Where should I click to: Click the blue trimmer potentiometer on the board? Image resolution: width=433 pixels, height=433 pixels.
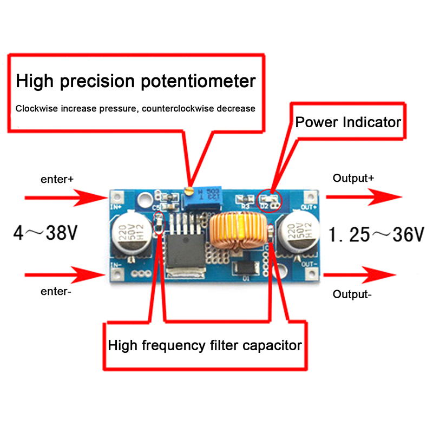coord(205,198)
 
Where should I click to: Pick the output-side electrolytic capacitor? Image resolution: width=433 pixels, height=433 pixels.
coord(298,234)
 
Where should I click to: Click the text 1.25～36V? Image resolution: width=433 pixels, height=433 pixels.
coord(377,234)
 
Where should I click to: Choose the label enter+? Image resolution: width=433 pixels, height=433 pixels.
coord(57,179)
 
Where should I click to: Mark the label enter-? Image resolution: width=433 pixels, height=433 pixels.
coord(56,292)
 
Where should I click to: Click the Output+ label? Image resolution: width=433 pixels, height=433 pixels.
coord(353,178)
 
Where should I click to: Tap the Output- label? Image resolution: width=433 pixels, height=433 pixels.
coord(352,294)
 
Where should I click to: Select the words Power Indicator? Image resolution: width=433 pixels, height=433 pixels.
coord(348,122)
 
